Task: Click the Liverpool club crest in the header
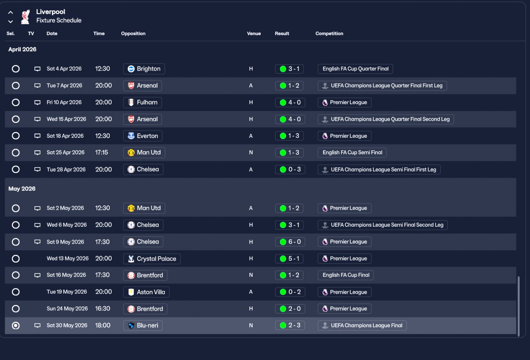tap(25, 16)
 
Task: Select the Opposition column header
tap(133, 34)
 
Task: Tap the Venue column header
tap(254, 34)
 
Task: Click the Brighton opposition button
tap(144, 69)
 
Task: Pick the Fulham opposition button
tap(143, 102)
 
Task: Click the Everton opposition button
tap(143, 136)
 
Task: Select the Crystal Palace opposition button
tap(152, 259)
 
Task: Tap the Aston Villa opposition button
tap(146, 292)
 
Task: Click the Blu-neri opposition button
tap(143, 326)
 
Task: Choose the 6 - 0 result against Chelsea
tap(290, 242)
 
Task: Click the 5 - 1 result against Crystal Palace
tap(290, 259)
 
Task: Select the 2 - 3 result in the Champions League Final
tap(290, 326)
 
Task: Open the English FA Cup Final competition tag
tap(346, 275)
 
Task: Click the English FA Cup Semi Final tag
tap(352, 153)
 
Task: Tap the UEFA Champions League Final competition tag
tap(362, 326)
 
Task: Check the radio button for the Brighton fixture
tap(16, 69)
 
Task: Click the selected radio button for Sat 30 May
tap(16, 326)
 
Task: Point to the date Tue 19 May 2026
tap(67, 292)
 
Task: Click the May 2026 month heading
tap(22, 189)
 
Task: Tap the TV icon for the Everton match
tap(37, 136)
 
